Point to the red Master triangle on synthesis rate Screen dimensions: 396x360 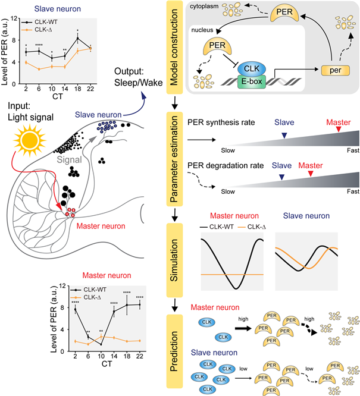(338, 130)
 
